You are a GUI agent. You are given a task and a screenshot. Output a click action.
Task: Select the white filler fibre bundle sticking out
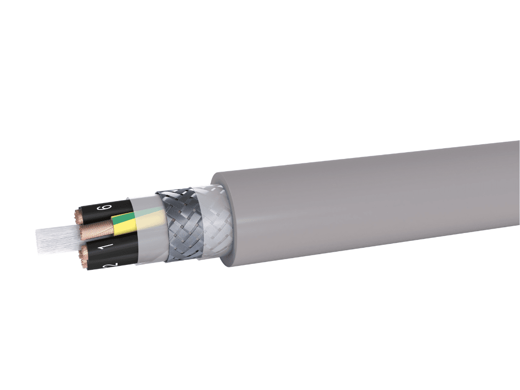54,238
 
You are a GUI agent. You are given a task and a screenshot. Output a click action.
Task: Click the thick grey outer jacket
343,201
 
